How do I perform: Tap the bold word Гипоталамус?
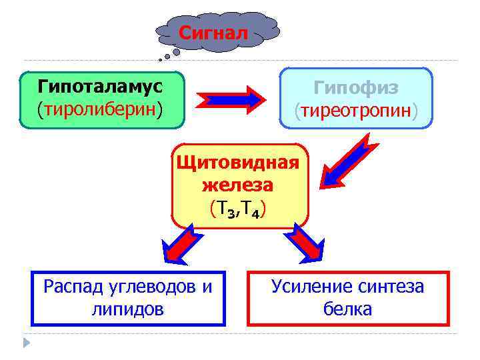[x=101, y=86]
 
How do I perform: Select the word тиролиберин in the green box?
[x=101, y=108]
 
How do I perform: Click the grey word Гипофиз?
[x=356, y=87]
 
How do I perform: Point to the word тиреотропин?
[x=356, y=109]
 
